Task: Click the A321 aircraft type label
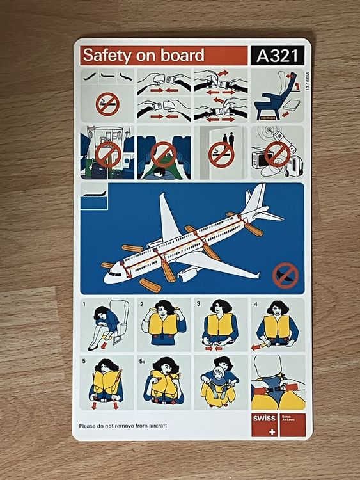coord(278,56)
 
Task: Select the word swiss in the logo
coord(265,418)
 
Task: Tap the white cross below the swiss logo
coord(265,431)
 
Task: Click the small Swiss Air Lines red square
coord(291,425)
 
